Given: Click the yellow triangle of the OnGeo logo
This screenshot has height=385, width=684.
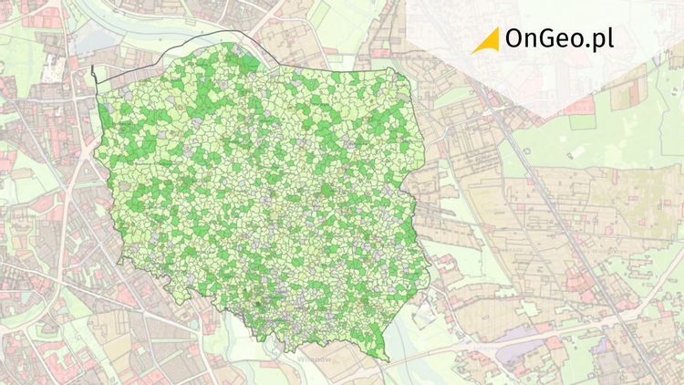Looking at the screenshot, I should tap(489, 39).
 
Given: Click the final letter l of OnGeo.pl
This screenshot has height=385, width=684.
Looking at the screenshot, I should tap(611, 38).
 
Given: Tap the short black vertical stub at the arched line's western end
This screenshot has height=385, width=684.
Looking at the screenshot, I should tap(95, 77).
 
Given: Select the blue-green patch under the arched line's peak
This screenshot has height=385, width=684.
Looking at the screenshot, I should tap(249, 63).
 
